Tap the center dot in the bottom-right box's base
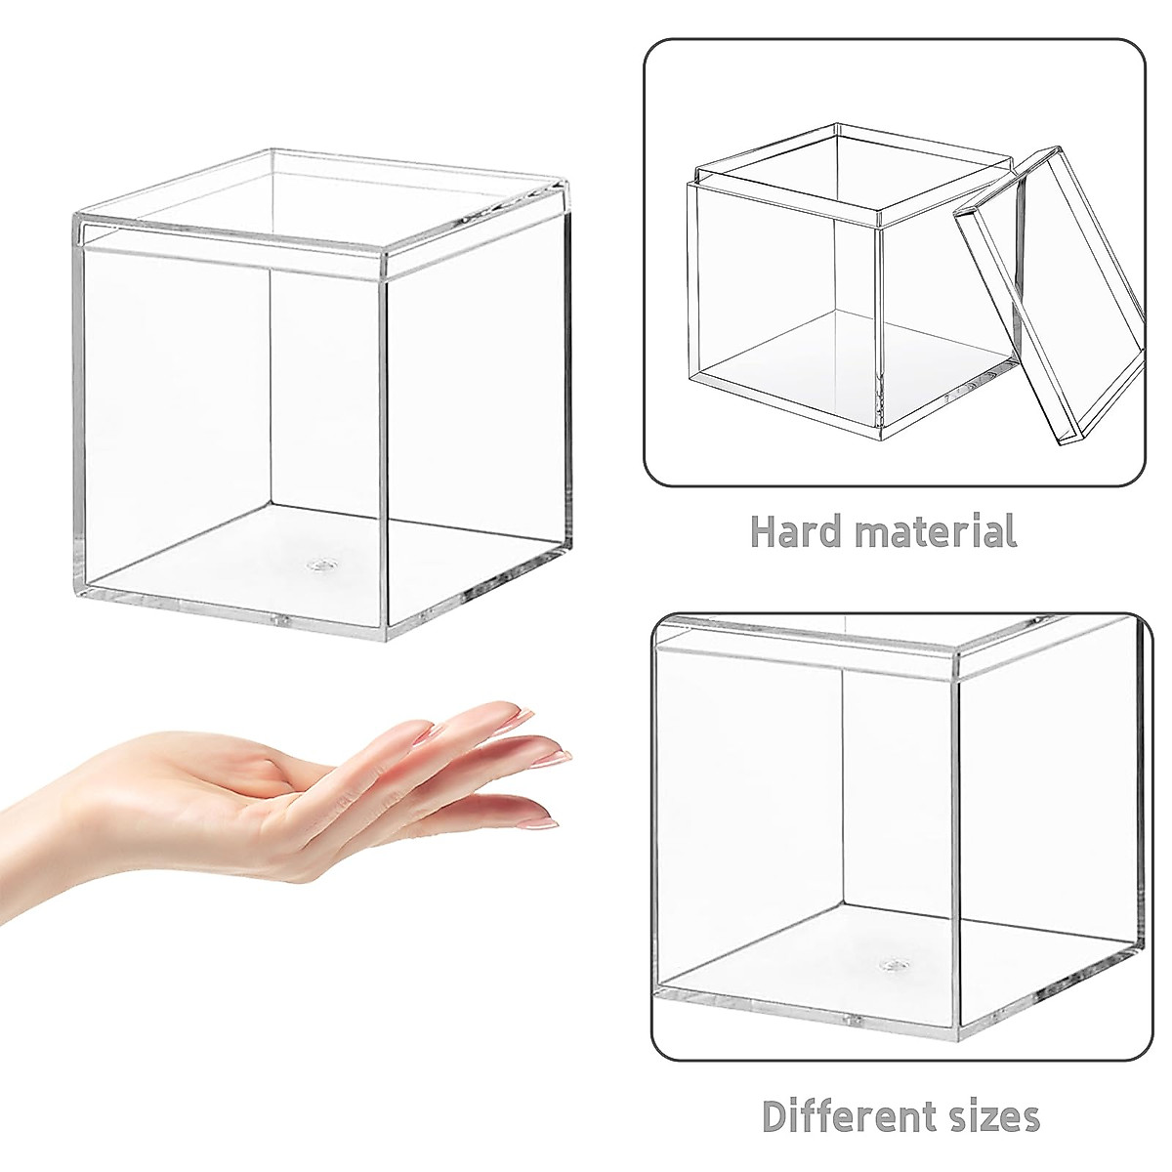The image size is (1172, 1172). click(890, 965)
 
